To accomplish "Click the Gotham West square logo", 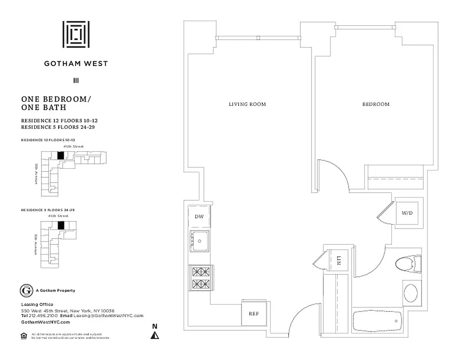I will click(76, 35).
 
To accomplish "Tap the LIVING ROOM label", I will click(247, 104).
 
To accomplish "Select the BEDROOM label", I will click(376, 104).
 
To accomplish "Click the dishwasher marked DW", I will click(199, 216).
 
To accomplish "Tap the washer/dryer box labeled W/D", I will click(407, 213).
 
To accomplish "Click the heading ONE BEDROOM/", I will click(54, 99).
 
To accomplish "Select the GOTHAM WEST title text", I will click(76, 63).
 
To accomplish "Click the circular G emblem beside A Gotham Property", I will click(27, 291).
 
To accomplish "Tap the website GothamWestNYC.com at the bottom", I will click(45, 322).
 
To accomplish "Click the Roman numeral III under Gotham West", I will click(76, 81).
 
